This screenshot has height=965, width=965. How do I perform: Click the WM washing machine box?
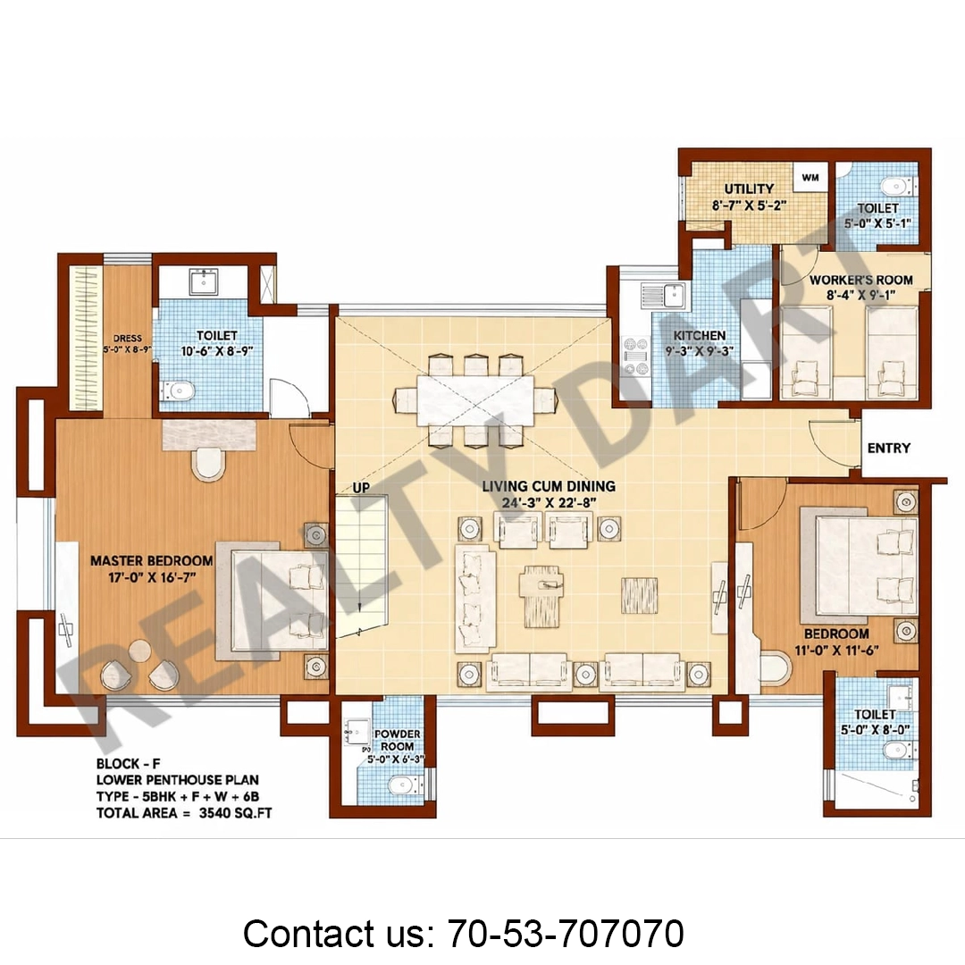810,178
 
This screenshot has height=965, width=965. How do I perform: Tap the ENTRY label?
889,448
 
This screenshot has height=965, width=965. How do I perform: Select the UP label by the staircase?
361,488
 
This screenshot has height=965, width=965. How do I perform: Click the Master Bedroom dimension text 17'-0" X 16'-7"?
152,577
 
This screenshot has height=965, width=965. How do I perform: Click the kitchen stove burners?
636,356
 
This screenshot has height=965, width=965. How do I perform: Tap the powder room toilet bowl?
403,785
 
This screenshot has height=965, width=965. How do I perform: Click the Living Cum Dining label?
549,486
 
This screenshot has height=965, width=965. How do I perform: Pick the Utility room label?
749,189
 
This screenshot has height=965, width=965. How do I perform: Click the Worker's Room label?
861,280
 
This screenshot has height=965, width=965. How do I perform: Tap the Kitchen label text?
699,335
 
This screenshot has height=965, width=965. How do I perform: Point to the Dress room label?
128,339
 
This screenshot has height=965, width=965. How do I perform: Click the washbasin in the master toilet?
203,281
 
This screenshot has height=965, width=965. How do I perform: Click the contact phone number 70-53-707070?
566,933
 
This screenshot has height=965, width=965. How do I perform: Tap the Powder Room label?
397,741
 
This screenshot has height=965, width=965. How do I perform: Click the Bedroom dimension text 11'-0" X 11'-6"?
836,650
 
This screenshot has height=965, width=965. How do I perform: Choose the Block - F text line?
128,764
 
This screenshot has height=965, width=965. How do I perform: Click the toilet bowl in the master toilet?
177,390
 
